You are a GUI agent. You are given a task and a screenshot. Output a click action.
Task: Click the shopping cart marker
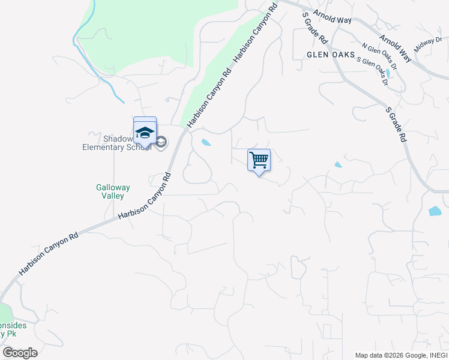[x=259, y=161]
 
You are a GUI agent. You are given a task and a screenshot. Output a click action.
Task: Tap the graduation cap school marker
[x=145, y=131]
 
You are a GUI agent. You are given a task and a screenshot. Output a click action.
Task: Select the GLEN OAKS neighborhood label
[x=330, y=54]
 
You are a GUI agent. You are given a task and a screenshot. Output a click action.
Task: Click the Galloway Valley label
[x=110, y=191]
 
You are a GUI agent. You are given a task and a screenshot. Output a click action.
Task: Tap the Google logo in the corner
[x=20, y=352]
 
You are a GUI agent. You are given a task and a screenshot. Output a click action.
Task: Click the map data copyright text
[x=401, y=355]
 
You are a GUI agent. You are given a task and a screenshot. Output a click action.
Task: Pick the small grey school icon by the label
[x=161, y=142]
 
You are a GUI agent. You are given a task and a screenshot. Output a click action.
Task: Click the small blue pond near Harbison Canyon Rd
[x=206, y=143]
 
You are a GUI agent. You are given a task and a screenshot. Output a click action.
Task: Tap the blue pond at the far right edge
[x=435, y=211]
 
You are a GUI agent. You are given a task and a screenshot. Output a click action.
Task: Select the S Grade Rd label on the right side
[x=396, y=125]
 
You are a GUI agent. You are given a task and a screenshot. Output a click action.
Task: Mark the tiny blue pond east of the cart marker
[x=338, y=164]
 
